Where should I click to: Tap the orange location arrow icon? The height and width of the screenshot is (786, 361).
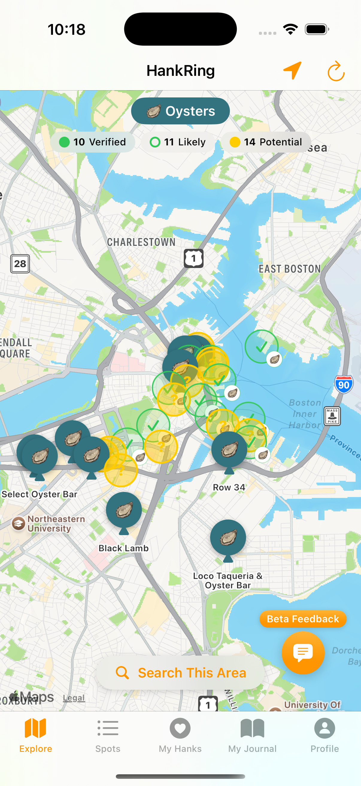tap(292, 70)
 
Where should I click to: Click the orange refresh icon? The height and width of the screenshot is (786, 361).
tap(336, 71)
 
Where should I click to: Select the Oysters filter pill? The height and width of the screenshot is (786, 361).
tap(180, 111)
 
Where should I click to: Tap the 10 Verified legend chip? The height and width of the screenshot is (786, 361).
tap(92, 142)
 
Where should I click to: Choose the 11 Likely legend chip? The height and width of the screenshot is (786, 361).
tap(178, 142)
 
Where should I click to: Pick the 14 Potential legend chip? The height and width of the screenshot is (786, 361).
tap(266, 142)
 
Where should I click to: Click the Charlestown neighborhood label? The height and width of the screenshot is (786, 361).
tap(141, 242)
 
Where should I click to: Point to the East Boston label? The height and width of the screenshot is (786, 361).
tap(289, 269)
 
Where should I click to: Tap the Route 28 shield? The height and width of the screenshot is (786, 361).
tap(20, 263)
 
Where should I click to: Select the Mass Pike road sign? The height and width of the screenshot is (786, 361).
tap(332, 415)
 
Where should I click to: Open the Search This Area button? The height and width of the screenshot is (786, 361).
tap(180, 672)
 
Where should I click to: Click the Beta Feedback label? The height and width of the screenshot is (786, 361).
tap(303, 619)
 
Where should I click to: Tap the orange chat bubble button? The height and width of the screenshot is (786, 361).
tap(303, 652)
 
